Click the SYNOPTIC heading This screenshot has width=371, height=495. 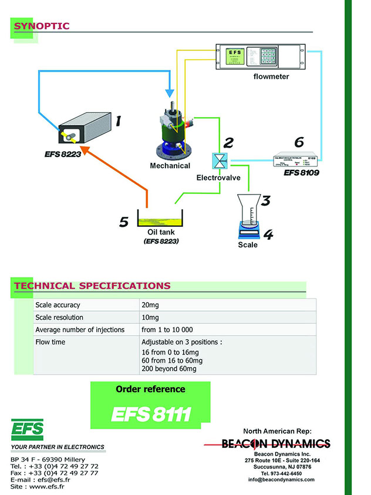click(x=42, y=26)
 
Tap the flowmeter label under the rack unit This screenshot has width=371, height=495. click(x=271, y=76)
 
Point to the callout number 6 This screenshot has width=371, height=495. click(x=299, y=142)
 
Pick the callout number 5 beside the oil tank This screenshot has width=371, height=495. click(x=123, y=222)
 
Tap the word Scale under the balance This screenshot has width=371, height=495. click(x=248, y=245)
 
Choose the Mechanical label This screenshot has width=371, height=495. click(x=170, y=166)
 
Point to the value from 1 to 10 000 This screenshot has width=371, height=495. click(x=167, y=330)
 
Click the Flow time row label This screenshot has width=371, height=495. click(x=50, y=342)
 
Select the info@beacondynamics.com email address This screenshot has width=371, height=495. click(x=281, y=480)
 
